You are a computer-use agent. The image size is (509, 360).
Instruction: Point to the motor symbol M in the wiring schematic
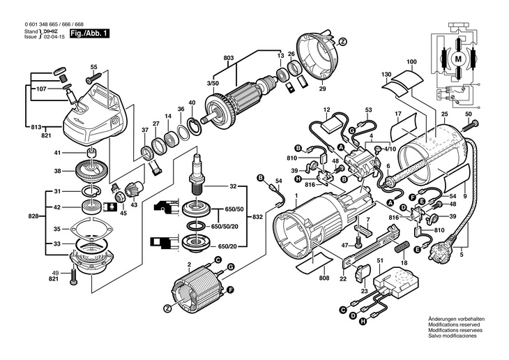(458, 60)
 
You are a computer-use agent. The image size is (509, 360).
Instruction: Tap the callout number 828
(33, 217)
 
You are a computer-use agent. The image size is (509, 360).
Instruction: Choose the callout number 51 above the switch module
(380, 261)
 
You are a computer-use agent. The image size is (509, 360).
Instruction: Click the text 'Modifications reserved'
(453, 324)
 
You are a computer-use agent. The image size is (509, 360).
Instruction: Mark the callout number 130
(386, 74)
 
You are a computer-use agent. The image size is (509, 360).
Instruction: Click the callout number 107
(41, 89)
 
